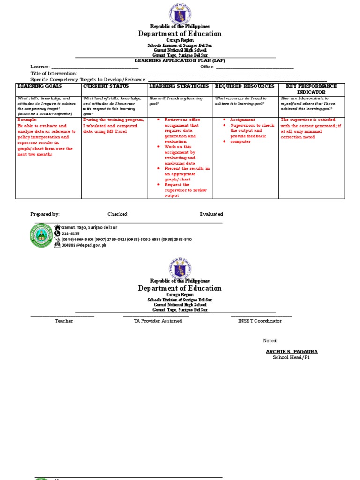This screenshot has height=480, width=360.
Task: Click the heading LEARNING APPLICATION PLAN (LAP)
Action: pyautogui.click(x=175, y=60)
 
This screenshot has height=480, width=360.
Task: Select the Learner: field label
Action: pyautogui.click(x=40, y=67)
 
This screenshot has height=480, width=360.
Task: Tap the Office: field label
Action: pyautogui.click(x=207, y=67)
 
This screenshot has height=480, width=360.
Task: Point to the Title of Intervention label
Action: pyautogui.click(x=54, y=73)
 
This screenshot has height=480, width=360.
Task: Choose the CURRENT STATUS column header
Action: pyautogui.click(x=103, y=86)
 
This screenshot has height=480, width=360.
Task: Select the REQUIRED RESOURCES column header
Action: pyautogui.click(x=244, y=86)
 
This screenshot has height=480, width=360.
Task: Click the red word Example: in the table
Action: pyautogui.click(x=27, y=120)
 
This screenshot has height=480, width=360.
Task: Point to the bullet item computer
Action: pyautogui.click(x=240, y=142)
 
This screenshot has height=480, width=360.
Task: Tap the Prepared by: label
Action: pyautogui.click(x=45, y=214)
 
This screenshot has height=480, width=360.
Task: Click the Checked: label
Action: pyautogui.click(x=118, y=214)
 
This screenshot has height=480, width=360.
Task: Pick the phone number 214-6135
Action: pyautogui.click(x=70, y=233)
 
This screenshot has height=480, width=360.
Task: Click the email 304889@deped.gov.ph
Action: pyautogui.click(x=84, y=245)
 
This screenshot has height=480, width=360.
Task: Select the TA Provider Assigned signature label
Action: pyautogui.click(x=156, y=321)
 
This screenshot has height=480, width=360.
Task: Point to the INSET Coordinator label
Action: pyautogui.click(x=260, y=321)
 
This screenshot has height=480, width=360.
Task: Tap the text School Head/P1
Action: pyautogui.click(x=291, y=357)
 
